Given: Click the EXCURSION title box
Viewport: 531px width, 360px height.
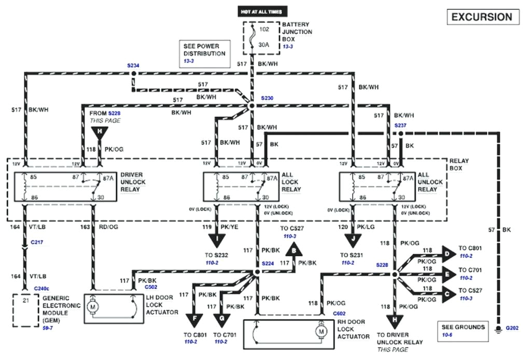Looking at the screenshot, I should pos(482,17).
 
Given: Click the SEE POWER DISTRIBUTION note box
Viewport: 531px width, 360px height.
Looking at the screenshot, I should pos(204,53).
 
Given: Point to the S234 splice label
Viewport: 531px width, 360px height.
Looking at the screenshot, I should pos(133,66).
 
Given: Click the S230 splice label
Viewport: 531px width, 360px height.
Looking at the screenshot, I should pos(267,98).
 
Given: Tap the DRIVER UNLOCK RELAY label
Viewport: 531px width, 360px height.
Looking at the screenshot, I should pos(133,183).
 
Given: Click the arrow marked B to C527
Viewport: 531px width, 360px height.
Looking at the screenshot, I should pos(295,251).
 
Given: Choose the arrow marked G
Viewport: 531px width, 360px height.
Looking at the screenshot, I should pos(222,317).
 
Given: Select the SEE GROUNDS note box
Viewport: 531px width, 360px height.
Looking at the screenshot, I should pos(463,330).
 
